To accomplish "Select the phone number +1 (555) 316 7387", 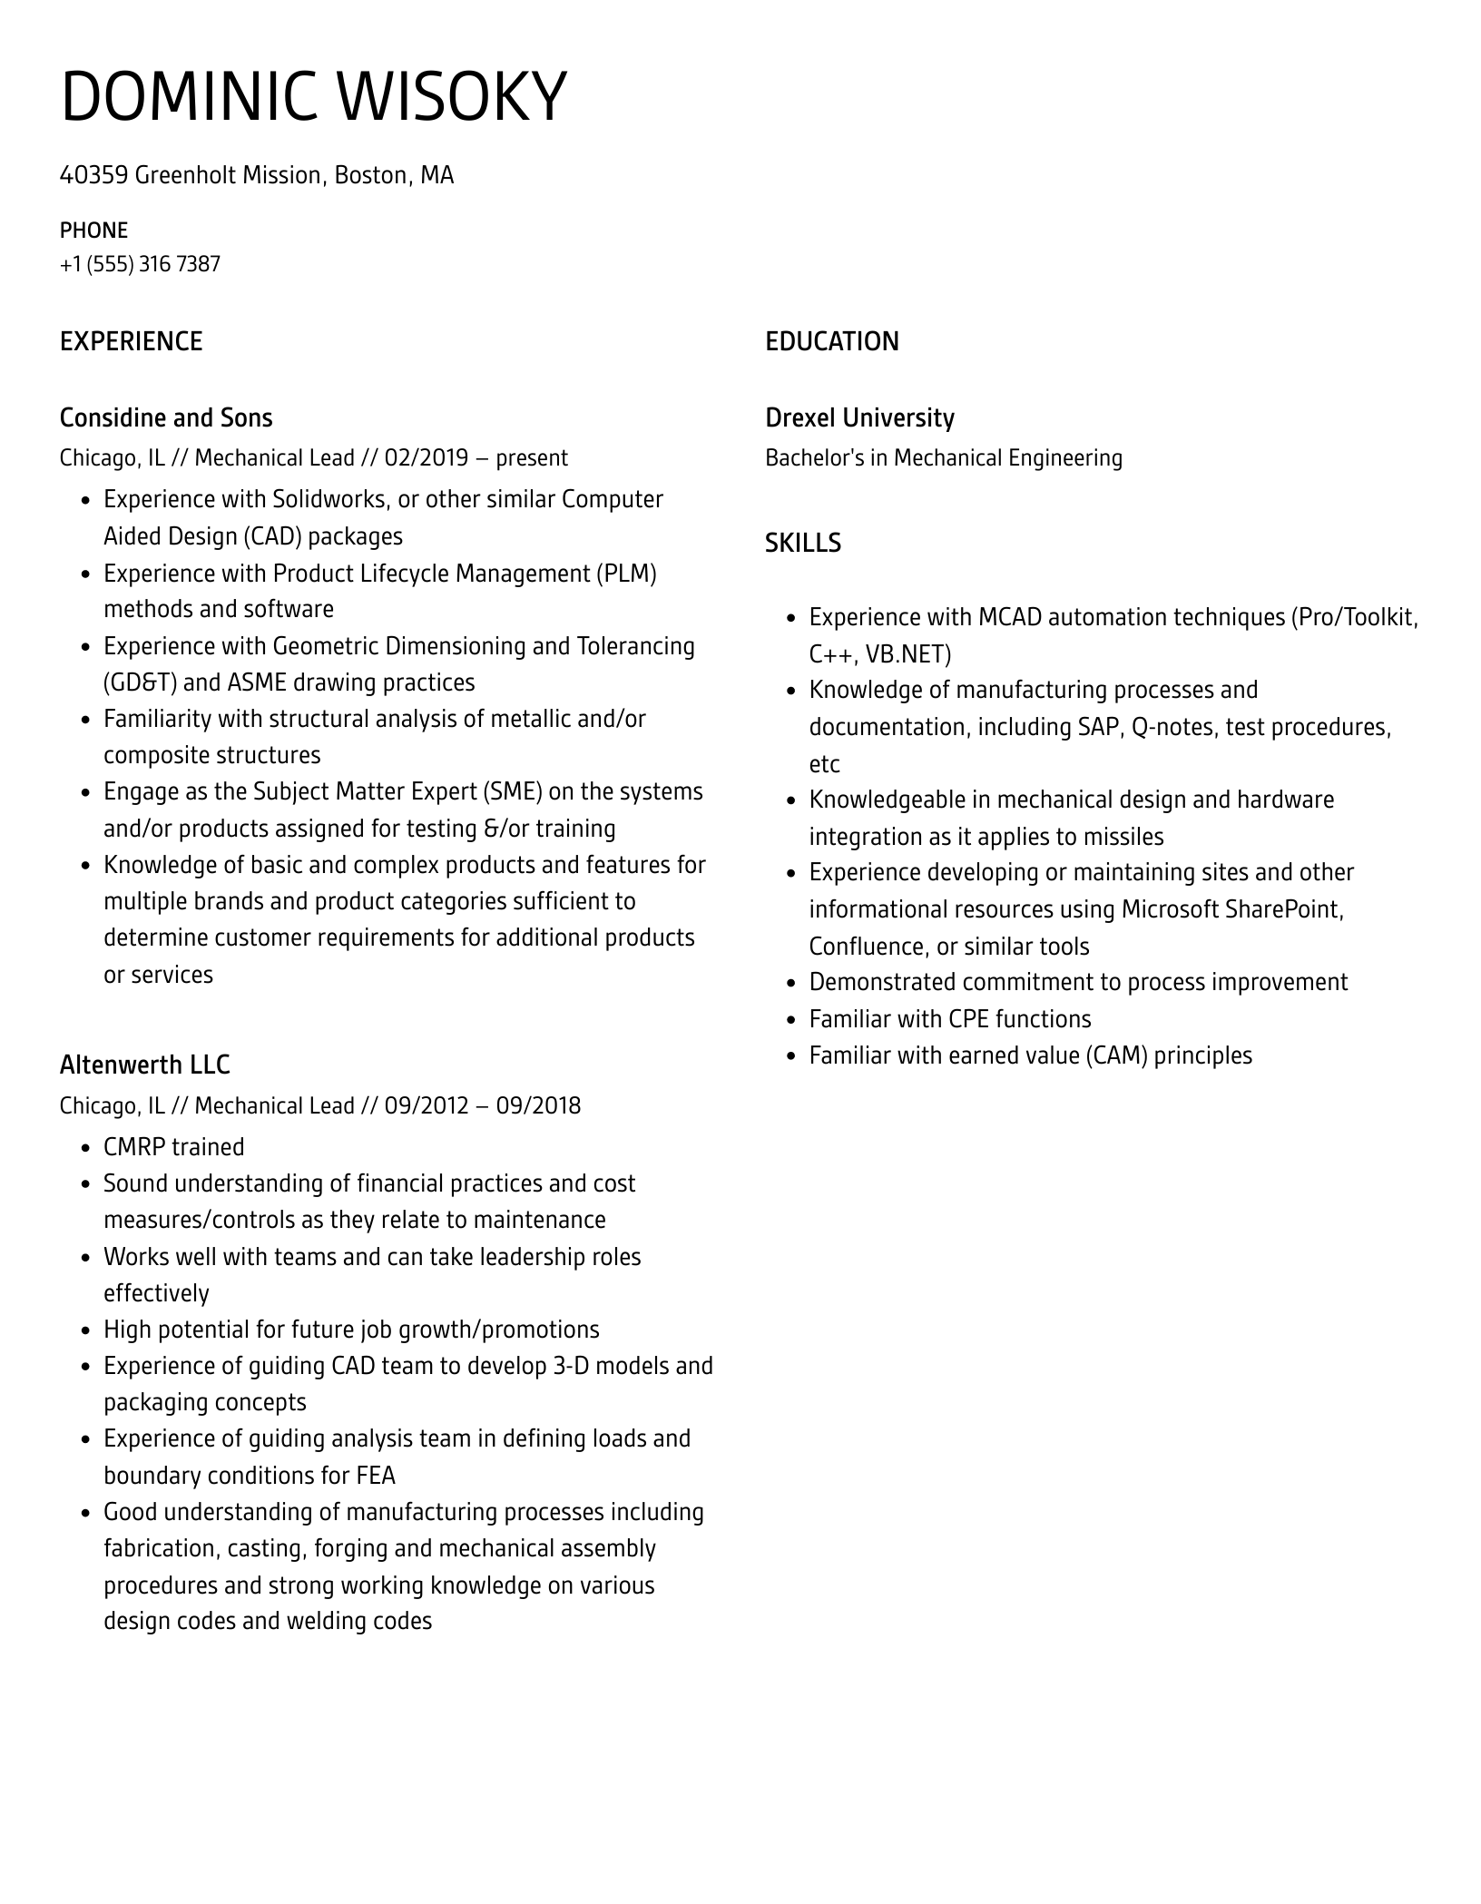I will click(140, 264).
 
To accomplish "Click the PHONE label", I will click(93, 231).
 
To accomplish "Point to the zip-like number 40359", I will click(93, 175).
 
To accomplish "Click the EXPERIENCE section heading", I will click(131, 342).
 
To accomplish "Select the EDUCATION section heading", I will click(831, 342).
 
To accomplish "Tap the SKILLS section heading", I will click(802, 543).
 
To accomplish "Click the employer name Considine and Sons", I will click(165, 418).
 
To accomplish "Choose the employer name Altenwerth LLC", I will click(144, 1065).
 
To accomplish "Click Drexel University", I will click(859, 418).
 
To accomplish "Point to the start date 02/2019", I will click(426, 458).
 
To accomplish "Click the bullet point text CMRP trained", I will click(173, 1147).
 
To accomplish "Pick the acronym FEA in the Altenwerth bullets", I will click(376, 1476).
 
